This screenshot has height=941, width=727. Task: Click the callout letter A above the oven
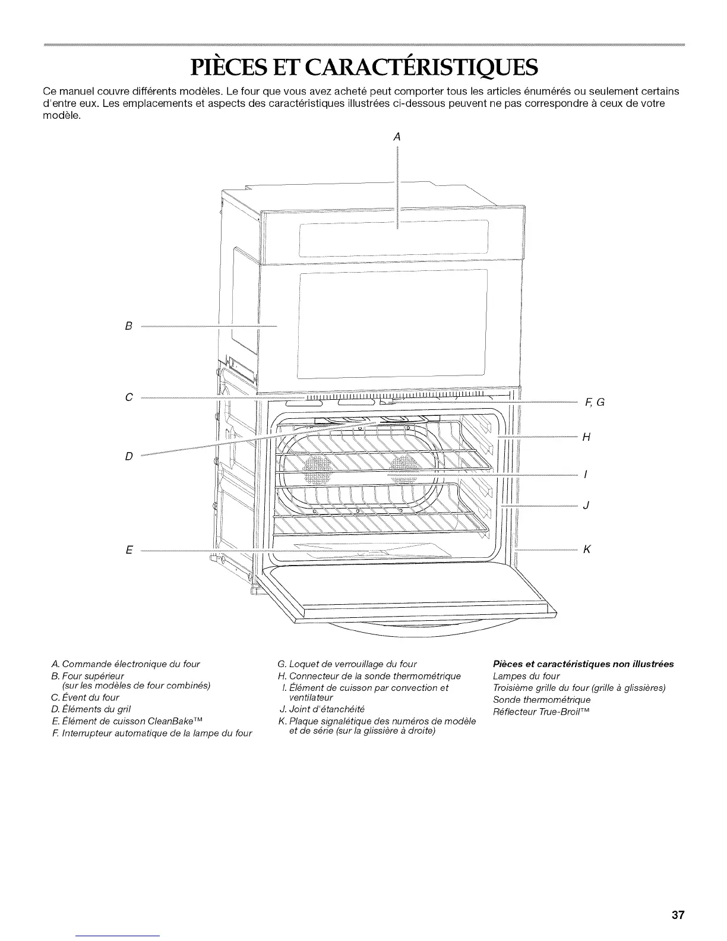coord(397,137)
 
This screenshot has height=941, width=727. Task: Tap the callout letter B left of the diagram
coord(128,326)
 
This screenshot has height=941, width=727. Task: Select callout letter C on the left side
coord(128,397)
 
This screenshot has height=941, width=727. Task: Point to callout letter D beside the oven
coord(128,456)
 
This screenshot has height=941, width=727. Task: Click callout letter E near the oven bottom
coord(128,550)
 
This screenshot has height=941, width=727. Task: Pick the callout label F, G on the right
coord(595,402)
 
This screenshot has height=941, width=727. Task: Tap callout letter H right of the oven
coord(586,437)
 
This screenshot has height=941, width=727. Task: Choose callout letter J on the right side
coord(586,506)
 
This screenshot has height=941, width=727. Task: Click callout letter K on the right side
coord(587,550)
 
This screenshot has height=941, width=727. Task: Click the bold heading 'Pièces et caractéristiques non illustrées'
coord(583,664)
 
